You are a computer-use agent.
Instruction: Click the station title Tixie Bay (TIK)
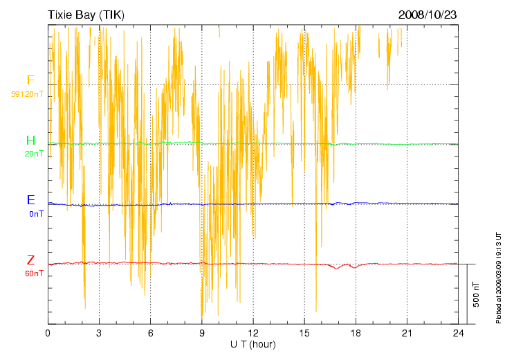click(86, 15)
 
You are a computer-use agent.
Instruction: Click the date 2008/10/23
click(428, 15)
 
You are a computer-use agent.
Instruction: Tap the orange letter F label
click(30, 80)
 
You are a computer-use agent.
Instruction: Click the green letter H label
click(30, 141)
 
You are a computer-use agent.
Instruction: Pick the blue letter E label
click(30, 200)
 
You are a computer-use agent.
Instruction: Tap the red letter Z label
click(30, 260)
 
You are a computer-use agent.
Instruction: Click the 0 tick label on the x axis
click(48, 333)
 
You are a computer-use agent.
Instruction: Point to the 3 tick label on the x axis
click(99, 333)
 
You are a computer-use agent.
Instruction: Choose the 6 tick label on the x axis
click(151, 333)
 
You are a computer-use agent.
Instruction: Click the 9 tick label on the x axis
click(202, 333)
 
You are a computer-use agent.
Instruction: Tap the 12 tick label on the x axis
click(253, 333)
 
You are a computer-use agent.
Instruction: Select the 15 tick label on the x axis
click(304, 333)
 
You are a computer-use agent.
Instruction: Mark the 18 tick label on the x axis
click(356, 333)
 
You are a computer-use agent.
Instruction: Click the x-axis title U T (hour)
click(253, 344)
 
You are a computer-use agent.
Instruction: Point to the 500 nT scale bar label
click(477, 294)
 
